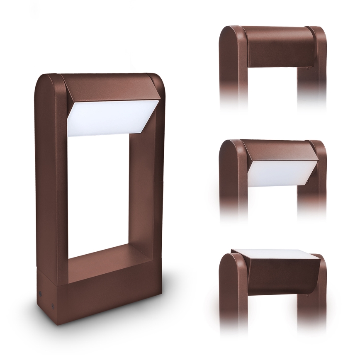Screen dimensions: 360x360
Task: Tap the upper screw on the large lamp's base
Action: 40,292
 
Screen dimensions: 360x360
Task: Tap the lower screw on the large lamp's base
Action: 53,307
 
